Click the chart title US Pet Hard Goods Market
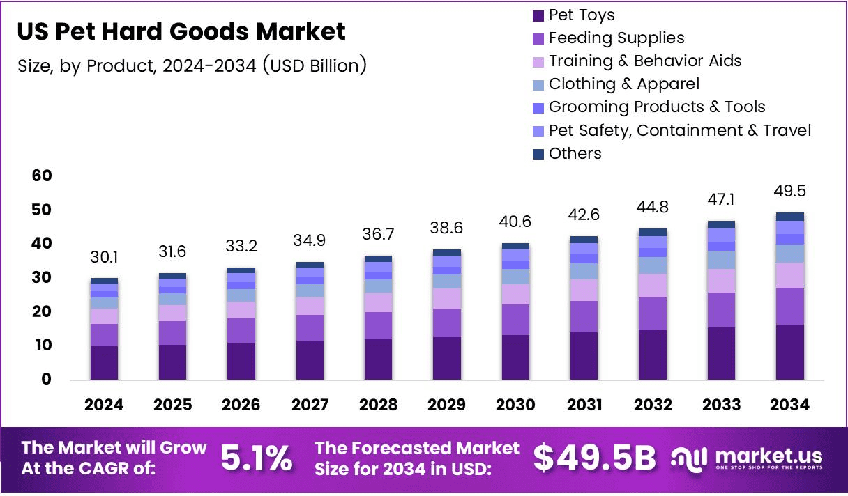tap(181, 31)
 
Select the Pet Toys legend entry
tap(581, 15)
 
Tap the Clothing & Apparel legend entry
tap(623, 84)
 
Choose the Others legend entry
tap(575, 153)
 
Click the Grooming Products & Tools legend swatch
tap(538, 108)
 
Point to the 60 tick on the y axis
tap(42, 176)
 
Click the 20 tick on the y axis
tap(42, 311)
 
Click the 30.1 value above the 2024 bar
tap(104, 258)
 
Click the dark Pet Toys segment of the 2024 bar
tap(104, 362)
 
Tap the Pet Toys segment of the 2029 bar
tap(447, 358)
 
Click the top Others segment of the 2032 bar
tap(653, 232)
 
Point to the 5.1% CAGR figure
tap(257, 458)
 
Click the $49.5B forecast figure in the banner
tap(595, 458)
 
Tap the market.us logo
tap(746, 458)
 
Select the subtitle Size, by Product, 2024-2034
tap(191, 66)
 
